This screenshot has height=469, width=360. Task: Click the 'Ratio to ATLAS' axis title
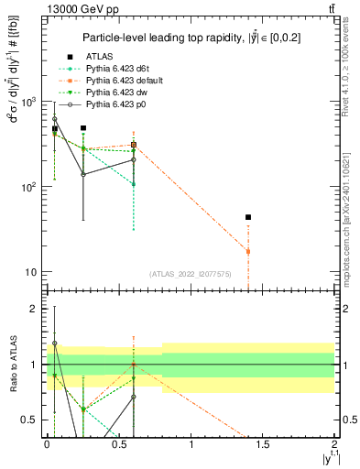[x=12, y=365]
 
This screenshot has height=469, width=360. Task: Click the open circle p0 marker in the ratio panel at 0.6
[x=134, y=397]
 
